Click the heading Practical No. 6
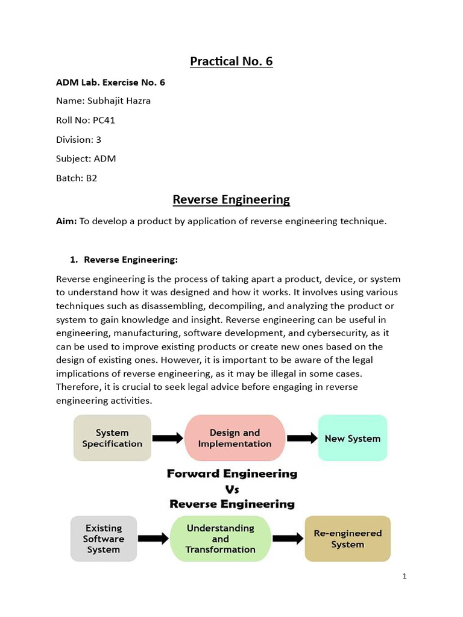(x=231, y=61)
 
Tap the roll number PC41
(x=104, y=120)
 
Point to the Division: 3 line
(x=78, y=139)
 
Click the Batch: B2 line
(x=77, y=178)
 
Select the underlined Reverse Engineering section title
(x=231, y=199)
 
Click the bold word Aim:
(x=66, y=221)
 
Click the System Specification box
(x=112, y=438)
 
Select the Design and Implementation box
(x=235, y=438)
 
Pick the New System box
(x=352, y=438)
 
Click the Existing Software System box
(x=104, y=539)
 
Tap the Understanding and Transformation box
(x=220, y=539)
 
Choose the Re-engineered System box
(x=347, y=539)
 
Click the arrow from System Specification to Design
(x=168, y=438)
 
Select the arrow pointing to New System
(x=301, y=438)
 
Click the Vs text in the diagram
(x=232, y=489)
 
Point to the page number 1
(x=405, y=577)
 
